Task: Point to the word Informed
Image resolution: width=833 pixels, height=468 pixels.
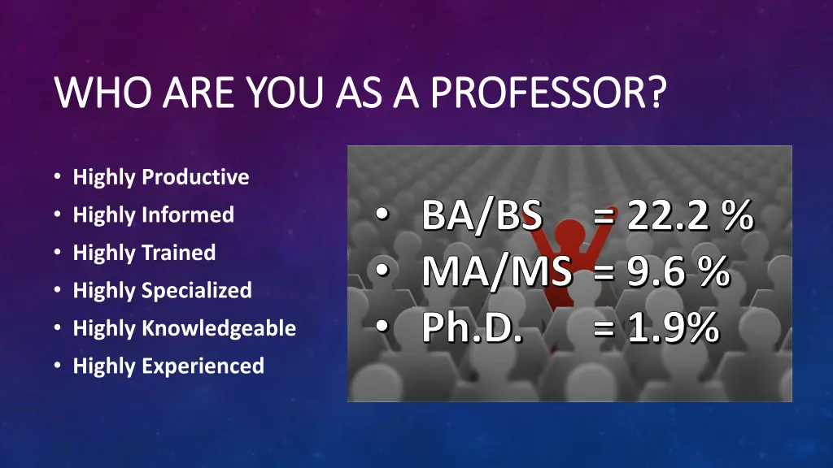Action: point(188,214)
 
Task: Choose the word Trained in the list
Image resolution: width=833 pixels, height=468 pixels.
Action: point(178,253)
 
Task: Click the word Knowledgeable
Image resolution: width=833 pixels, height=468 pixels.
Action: point(219,328)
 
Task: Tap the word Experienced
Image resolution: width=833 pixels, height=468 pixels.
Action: point(203,366)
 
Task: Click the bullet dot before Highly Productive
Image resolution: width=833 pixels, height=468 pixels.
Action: point(56,177)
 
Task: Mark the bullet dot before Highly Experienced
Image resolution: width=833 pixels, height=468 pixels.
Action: point(56,366)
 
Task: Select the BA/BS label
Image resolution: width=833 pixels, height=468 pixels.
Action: point(482,217)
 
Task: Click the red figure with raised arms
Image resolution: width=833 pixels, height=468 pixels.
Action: point(561,244)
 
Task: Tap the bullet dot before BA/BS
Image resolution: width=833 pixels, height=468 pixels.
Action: point(382,217)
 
